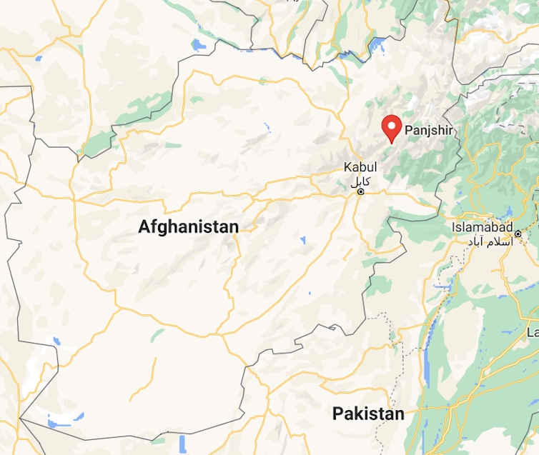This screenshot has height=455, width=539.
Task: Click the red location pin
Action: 391,128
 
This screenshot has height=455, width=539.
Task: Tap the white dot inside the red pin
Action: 391,125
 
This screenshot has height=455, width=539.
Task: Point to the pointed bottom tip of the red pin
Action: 391,143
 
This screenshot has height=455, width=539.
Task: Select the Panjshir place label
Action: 429,131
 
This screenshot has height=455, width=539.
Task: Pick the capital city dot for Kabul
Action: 361,191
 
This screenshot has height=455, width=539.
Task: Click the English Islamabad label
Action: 483,227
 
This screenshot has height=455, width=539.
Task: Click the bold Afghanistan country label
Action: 188,227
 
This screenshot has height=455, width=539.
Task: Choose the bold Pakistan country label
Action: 368,414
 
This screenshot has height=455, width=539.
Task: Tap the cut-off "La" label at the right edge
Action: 533,332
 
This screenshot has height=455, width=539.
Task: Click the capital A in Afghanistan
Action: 144,227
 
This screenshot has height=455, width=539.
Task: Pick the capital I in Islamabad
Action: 454,227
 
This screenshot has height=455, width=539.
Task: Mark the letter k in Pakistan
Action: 355,414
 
